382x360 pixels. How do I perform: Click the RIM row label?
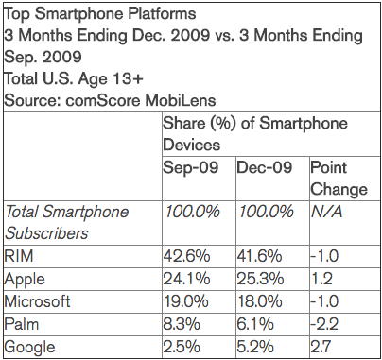pyautogui.click(x=19, y=255)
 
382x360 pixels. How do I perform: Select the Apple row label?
pyautogui.click(x=25, y=280)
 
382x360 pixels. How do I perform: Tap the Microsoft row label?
pyautogui.click(x=37, y=301)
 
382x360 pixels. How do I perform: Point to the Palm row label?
pyautogui.click(x=22, y=324)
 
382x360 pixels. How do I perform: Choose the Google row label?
pyautogui.click(x=29, y=348)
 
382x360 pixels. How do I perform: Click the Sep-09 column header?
pyautogui.click(x=191, y=167)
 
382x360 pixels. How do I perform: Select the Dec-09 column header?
pyautogui.click(x=265, y=167)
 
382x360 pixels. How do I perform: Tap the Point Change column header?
pyautogui.click(x=339, y=179)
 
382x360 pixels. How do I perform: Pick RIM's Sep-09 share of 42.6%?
pyautogui.click(x=186, y=255)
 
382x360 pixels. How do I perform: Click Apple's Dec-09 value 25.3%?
pyautogui.click(x=260, y=279)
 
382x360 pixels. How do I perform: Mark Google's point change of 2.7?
pyautogui.click(x=321, y=347)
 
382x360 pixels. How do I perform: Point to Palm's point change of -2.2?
pyautogui.click(x=324, y=324)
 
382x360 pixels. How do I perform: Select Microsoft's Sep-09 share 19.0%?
pyautogui.click(x=186, y=301)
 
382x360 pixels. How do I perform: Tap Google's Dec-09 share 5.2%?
pyautogui.click(x=255, y=347)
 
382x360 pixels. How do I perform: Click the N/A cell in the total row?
pyautogui.click(x=327, y=212)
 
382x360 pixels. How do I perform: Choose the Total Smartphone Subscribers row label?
pyautogui.click(x=67, y=222)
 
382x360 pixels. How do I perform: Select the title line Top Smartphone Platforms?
pyautogui.click(x=100, y=14)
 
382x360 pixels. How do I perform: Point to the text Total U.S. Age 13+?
pyautogui.click(x=74, y=78)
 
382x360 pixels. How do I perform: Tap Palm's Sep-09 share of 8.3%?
pyautogui.click(x=182, y=324)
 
